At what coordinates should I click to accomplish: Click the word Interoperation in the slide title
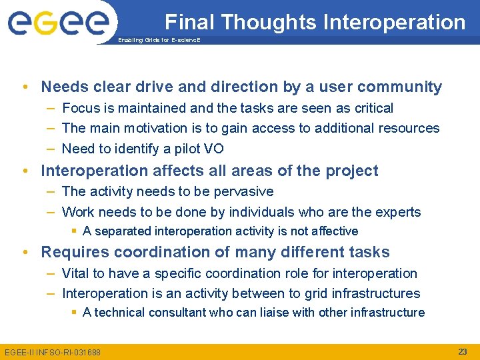pos(394,22)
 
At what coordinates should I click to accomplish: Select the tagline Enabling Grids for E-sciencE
pos(159,41)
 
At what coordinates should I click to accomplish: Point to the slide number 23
pos(462,351)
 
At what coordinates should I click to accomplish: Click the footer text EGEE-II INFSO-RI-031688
pos(53,352)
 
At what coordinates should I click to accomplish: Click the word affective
pos(334,231)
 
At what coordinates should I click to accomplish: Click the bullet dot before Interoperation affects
pos(25,171)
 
